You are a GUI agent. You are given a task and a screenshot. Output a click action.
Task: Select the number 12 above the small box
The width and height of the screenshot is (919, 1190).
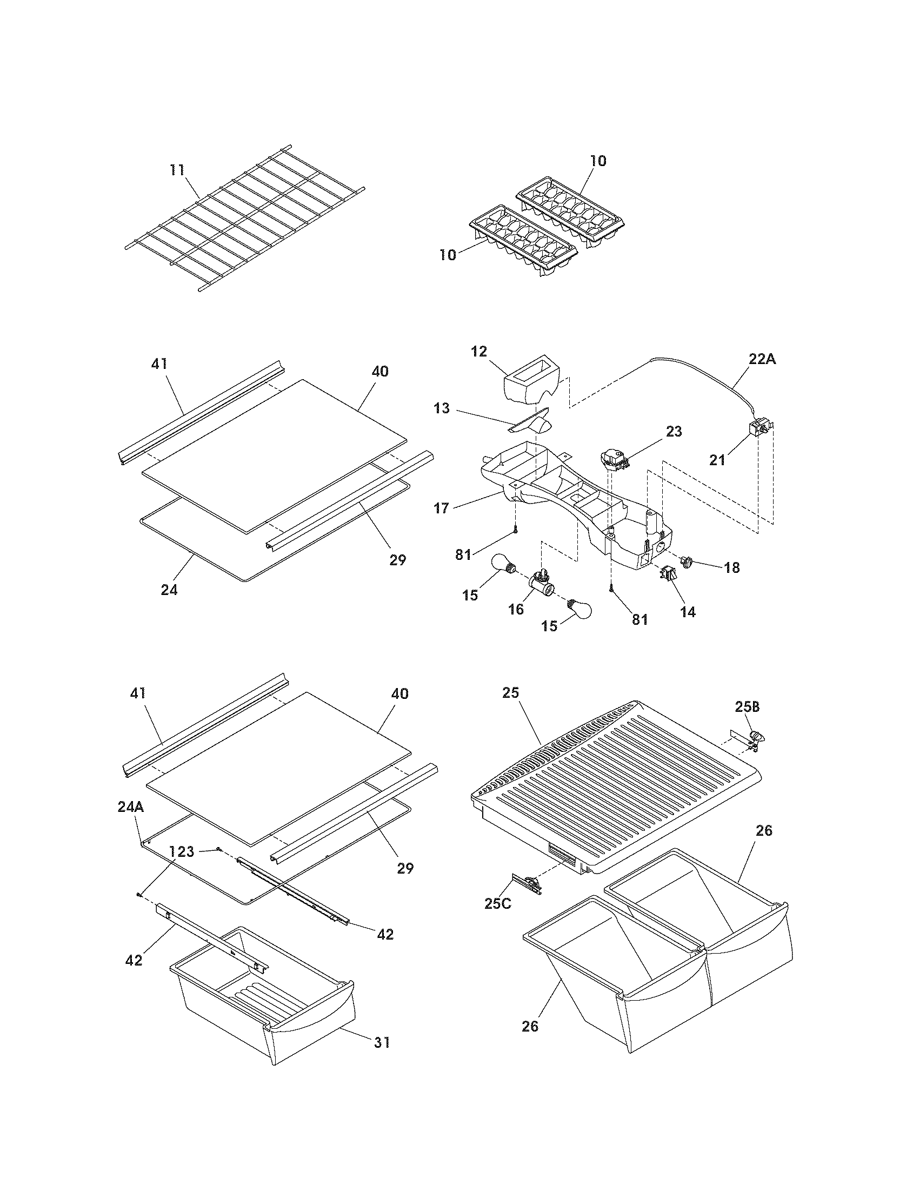[479, 352]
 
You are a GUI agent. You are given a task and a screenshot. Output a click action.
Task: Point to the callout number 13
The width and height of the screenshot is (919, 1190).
[442, 408]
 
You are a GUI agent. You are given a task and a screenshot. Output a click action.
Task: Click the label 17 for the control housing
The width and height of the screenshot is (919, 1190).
[442, 508]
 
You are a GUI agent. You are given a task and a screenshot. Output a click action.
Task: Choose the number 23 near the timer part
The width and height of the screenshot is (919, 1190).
[674, 431]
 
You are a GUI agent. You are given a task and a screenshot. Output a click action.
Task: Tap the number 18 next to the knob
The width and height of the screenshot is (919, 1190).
[732, 568]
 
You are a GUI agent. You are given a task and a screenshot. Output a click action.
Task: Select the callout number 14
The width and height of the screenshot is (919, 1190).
[688, 612]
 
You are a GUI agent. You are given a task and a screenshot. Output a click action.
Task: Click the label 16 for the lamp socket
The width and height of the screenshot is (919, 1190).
[516, 609]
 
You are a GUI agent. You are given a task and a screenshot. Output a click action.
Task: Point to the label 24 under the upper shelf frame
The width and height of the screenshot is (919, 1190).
[169, 590]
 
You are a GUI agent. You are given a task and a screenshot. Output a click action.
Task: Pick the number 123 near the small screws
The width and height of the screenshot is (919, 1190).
[181, 851]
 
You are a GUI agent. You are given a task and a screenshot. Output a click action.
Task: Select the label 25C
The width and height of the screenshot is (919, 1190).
[497, 903]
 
